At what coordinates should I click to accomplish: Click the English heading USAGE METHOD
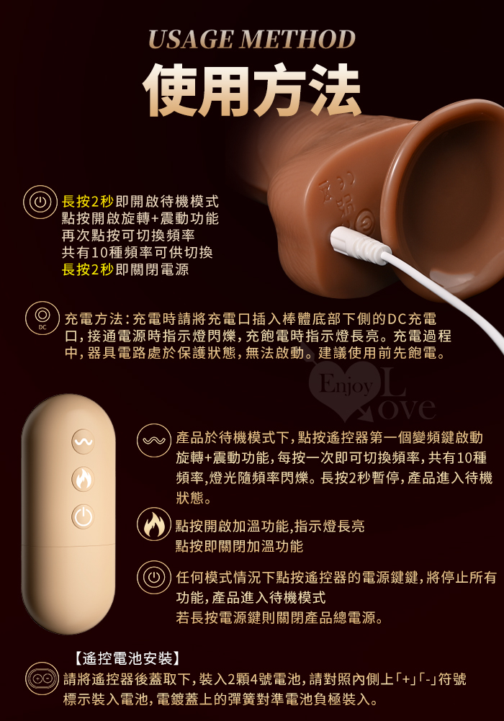252,40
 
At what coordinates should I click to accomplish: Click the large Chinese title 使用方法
252,89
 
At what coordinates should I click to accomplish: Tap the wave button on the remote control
83,442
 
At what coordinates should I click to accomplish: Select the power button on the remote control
83,516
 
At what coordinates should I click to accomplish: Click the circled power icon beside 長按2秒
40,202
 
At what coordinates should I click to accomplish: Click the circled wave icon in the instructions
154,441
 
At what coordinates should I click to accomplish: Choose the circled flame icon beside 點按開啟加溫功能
154,524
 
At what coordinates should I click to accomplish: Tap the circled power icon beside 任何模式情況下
154,577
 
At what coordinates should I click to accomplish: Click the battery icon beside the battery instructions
42,679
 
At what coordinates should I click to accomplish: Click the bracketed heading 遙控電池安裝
127,658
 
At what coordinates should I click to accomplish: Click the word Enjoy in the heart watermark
346,385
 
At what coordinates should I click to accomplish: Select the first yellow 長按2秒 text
88,202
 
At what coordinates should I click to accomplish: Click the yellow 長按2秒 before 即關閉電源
88,269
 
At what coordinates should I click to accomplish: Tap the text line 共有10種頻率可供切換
138,252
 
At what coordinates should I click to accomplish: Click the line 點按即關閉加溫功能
239,546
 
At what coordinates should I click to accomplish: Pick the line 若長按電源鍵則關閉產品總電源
279,617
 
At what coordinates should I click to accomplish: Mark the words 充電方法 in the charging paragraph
94,318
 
